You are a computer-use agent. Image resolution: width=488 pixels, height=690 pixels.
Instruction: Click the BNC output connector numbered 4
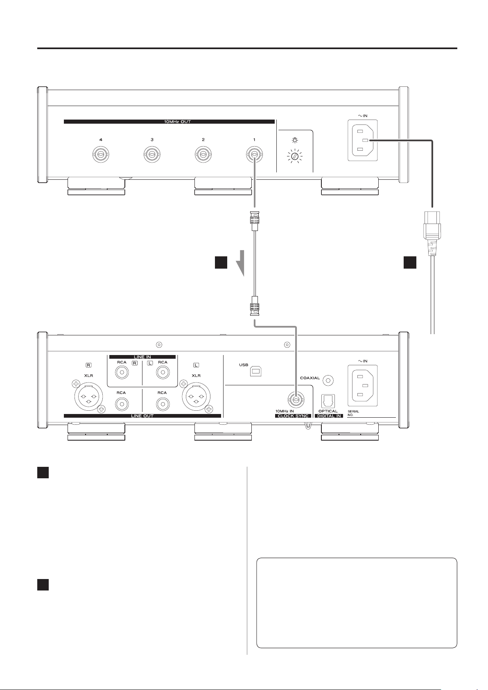[x=101, y=154]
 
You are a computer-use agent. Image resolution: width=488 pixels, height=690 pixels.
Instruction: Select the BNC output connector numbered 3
[x=152, y=154]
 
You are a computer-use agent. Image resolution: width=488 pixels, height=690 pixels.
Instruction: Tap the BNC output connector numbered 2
[x=203, y=154]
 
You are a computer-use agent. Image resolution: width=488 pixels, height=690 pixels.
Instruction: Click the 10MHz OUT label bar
[x=169, y=122]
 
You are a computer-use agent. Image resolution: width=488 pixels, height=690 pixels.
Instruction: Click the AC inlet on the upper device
[x=363, y=140]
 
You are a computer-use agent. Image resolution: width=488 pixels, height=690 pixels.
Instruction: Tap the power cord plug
[x=432, y=233]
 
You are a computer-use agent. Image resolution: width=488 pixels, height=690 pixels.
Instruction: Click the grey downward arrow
[x=240, y=263]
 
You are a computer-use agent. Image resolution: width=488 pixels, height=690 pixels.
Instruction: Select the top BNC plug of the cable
[x=255, y=221]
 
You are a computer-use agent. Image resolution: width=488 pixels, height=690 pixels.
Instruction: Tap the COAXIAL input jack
[x=328, y=381]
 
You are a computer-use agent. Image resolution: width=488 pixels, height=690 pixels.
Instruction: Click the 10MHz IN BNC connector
[x=296, y=400]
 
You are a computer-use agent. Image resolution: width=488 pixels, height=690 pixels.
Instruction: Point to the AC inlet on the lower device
[x=363, y=386]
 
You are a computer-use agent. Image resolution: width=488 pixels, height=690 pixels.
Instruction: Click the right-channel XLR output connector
[x=88, y=397]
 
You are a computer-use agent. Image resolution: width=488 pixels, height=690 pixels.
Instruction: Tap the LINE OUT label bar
[x=142, y=416]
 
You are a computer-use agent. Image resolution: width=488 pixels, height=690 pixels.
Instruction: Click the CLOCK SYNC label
[x=293, y=416]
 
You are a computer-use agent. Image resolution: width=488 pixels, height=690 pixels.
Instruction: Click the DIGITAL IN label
[x=329, y=416]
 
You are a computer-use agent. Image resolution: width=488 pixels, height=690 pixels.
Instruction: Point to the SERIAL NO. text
[x=353, y=413]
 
